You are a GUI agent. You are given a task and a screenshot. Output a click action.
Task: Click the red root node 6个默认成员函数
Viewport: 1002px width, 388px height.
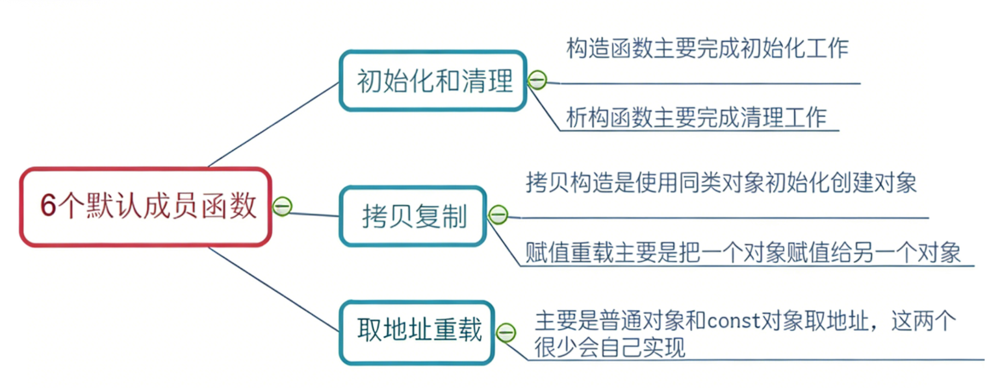pos(144,207)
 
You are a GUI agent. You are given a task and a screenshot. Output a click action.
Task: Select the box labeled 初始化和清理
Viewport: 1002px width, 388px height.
pos(433,80)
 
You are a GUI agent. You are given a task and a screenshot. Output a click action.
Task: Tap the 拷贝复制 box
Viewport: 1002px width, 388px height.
pos(413,216)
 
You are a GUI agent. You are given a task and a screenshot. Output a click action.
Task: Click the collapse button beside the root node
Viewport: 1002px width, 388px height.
pos(282,206)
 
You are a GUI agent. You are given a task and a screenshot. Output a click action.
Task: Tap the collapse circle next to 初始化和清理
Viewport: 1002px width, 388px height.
pos(537,80)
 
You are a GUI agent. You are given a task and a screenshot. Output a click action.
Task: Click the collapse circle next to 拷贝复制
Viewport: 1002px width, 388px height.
pos(498,214)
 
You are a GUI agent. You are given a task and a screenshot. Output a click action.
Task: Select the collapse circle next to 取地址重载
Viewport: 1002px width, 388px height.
pos(506,332)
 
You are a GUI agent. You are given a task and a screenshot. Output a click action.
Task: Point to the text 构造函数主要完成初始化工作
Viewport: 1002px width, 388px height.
pos(707,49)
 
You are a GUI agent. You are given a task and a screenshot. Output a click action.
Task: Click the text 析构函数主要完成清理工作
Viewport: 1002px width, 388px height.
pos(696,117)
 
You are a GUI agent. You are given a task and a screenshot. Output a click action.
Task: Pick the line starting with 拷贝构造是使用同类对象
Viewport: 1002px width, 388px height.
pos(721,183)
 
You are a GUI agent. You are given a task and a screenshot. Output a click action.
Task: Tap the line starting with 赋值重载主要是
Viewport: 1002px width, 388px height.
pos(743,252)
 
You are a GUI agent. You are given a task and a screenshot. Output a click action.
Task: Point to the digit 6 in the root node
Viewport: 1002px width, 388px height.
pos(47,208)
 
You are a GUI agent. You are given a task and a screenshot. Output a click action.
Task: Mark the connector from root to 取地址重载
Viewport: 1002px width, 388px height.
pos(273,289)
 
